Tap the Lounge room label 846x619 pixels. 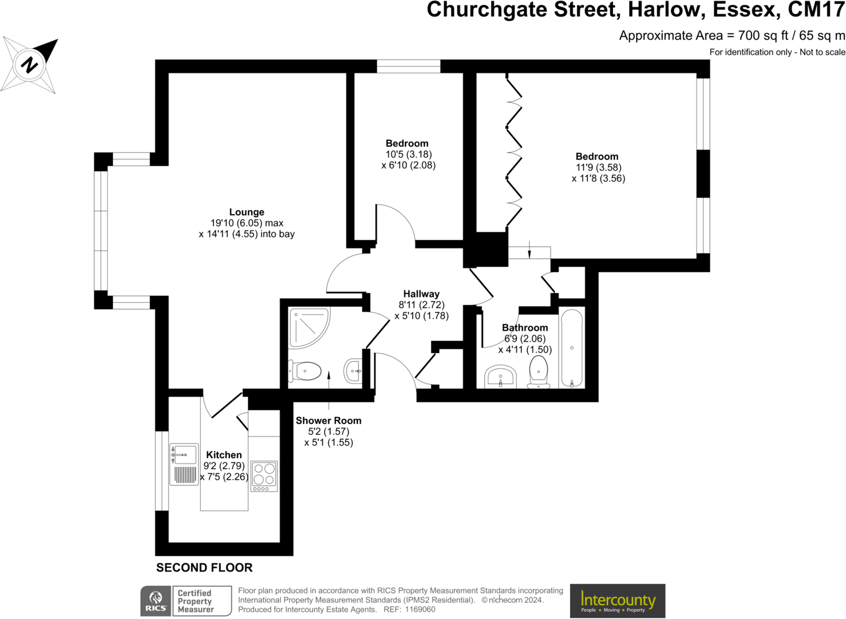[247, 212]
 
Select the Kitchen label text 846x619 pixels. [224, 455]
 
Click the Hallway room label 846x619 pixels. [421, 294]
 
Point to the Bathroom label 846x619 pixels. [525, 328]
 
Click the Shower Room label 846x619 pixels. [329, 421]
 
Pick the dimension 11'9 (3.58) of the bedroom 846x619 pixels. [598, 168]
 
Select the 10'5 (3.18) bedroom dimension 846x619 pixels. [408, 154]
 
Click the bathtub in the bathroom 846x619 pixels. [571, 348]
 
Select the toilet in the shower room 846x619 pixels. [306, 371]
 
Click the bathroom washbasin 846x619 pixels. [501, 377]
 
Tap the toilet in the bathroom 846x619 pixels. [538, 370]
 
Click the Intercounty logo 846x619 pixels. [618, 601]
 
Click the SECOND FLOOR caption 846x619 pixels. [204, 568]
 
